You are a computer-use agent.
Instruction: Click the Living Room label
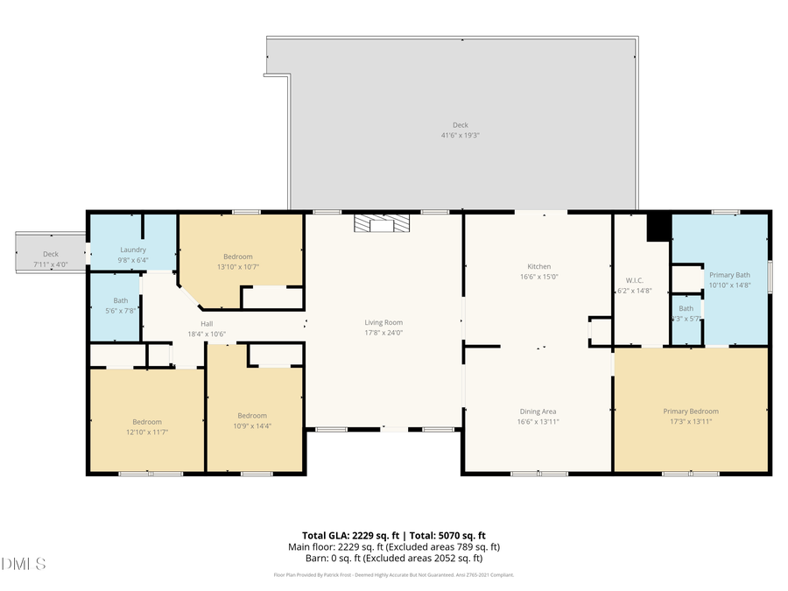point(383,322)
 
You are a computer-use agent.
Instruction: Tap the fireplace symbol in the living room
point(382,225)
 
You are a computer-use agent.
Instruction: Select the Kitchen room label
point(538,266)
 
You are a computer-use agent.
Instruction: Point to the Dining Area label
point(538,412)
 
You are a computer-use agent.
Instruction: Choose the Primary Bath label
point(729,275)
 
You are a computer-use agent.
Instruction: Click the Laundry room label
point(133,250)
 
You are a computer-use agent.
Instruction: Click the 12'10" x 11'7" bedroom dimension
point(146,433)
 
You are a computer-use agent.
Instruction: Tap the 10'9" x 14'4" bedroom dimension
point(252,426)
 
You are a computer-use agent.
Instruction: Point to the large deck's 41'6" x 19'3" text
point(461,136)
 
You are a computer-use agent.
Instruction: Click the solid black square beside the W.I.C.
point(658,227)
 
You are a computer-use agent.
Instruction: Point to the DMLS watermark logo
point(24,563)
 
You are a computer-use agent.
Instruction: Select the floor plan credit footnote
point(394,575)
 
